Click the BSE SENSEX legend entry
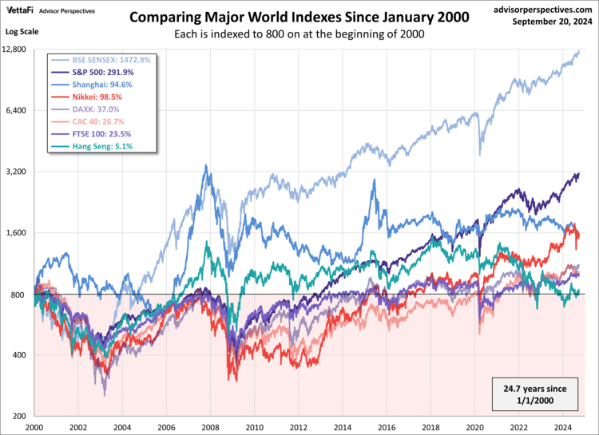click(105, 60)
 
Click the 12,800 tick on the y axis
click(16, 49)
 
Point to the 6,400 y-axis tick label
click(18, 110)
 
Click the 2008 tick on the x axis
click(211, 427)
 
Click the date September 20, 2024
click(549, 22)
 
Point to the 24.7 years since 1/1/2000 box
click(536, 393)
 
